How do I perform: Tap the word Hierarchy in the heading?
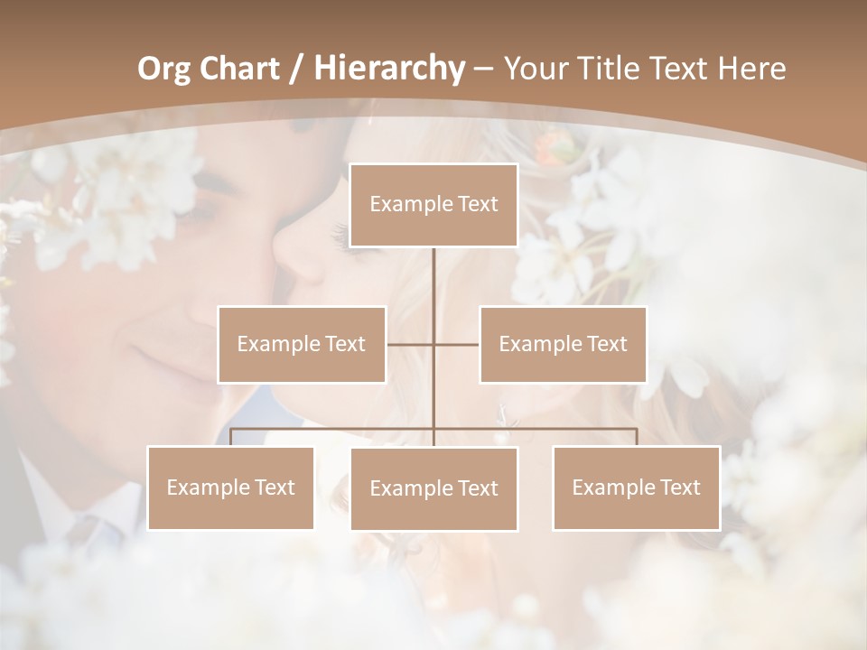(388, 69)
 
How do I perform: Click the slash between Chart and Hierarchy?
(295, 70)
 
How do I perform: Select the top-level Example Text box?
(433, 205)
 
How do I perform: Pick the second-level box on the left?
(302, 344)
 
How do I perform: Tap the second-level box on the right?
(563, 344)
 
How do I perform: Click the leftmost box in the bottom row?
(230, 487)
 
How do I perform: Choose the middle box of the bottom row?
(433, 488)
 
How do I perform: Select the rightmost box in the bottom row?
(636, 487)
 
